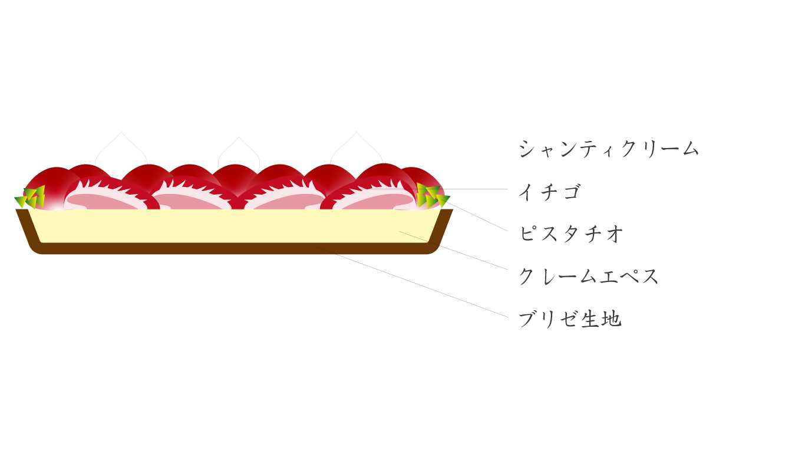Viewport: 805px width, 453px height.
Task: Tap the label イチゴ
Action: pos(549,192)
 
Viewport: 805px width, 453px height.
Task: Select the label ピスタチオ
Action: pos(571,234)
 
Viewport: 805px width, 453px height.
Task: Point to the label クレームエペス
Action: pos(588,277)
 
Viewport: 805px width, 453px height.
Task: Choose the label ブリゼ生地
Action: pos(570,319)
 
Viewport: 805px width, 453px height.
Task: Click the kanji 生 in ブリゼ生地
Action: pos(590,319)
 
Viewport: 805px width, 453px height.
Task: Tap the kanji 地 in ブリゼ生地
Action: pos(612,319)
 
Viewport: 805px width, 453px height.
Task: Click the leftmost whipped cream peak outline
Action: pos(121,132)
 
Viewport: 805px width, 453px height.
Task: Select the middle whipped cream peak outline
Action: pos(239,137)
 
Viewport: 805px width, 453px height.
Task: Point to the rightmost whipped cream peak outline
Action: pos(357,132)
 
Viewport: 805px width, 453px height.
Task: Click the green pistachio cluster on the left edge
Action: pos(31,197)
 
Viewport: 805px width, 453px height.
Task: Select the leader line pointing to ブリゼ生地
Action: pos(413,282)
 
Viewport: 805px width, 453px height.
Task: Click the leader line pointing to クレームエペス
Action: pos(453,251)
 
